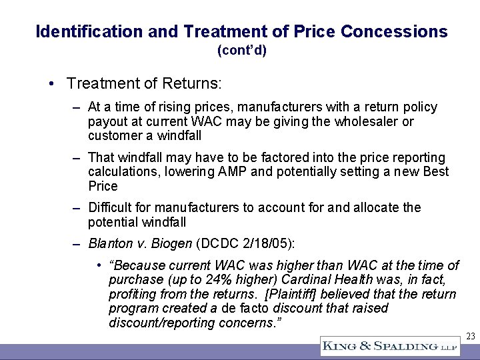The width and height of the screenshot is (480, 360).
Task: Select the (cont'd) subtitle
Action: (x=241, y=50)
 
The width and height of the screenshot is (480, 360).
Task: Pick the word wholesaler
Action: (x=369, y=121)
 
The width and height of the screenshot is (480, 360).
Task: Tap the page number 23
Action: (x=471, y=337)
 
